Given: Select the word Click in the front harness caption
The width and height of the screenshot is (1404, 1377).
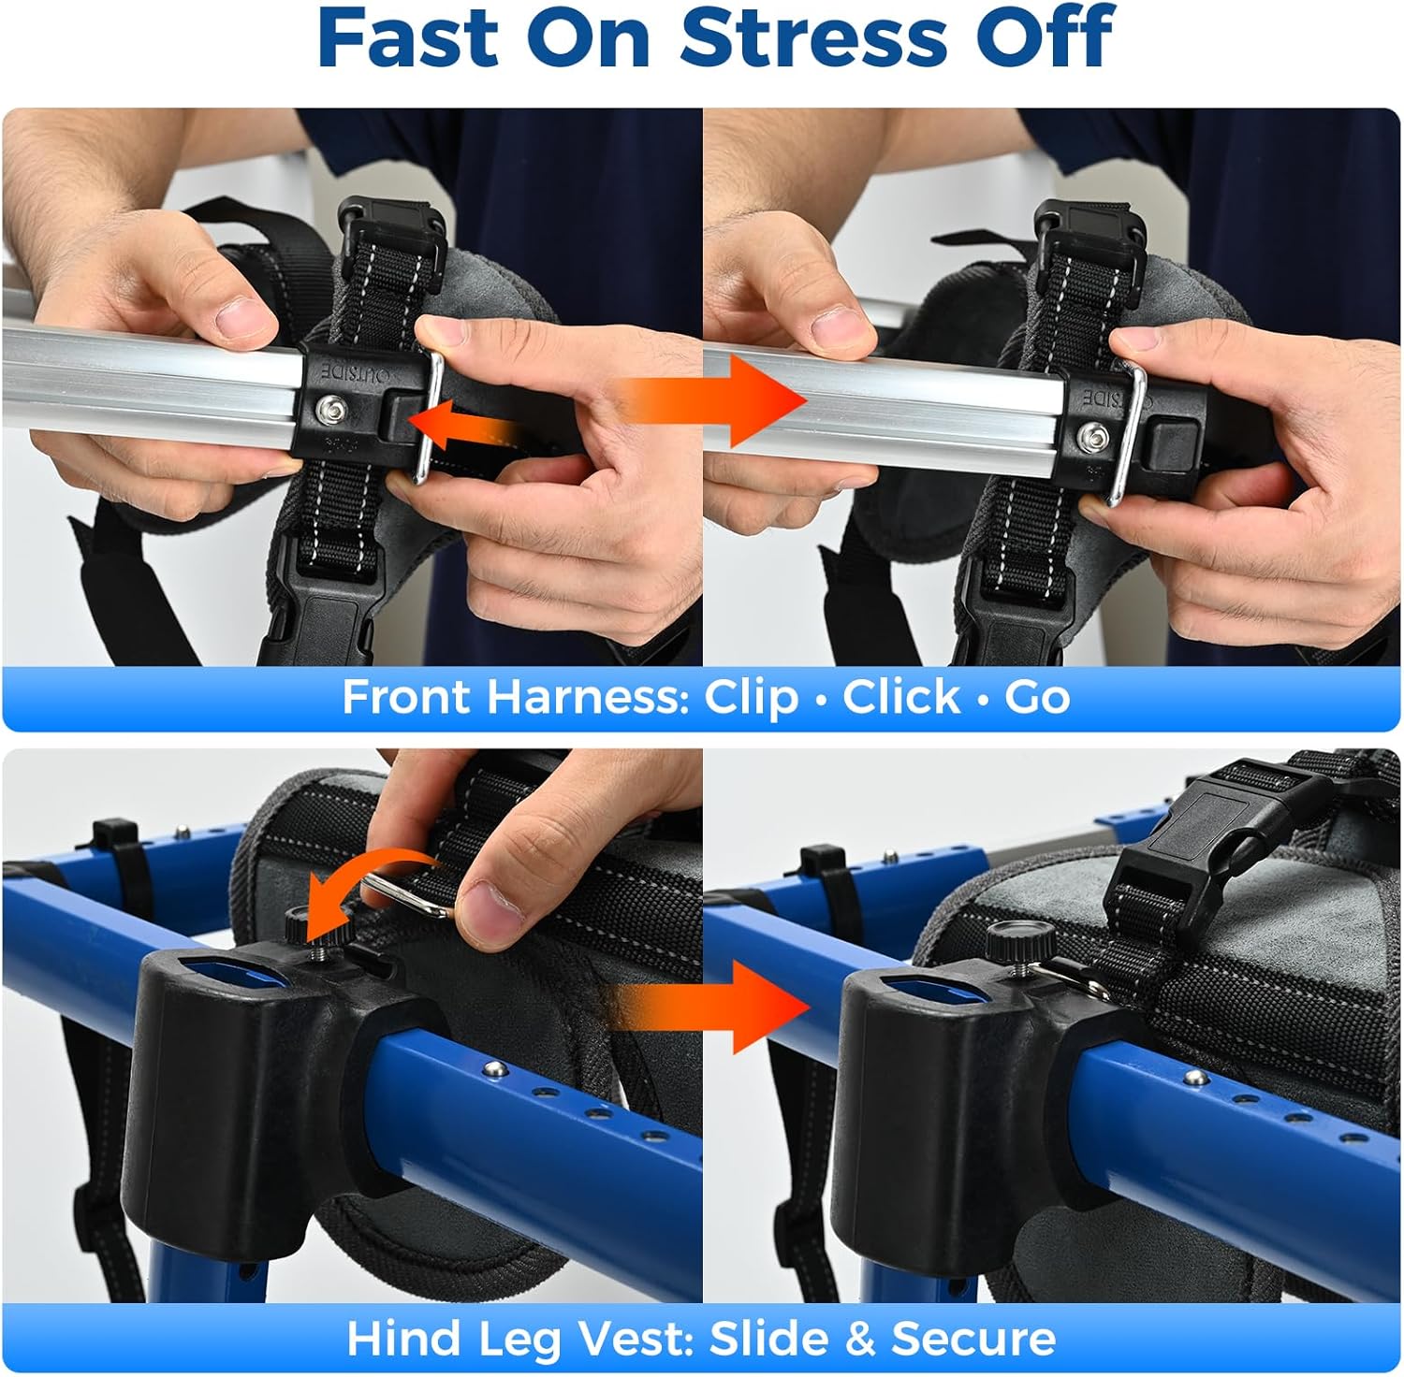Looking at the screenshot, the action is pos(901,697).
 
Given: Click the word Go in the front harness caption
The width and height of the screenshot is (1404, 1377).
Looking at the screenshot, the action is pos(1037,697).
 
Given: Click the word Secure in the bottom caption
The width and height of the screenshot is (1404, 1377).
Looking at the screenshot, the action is pos(973,1339).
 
